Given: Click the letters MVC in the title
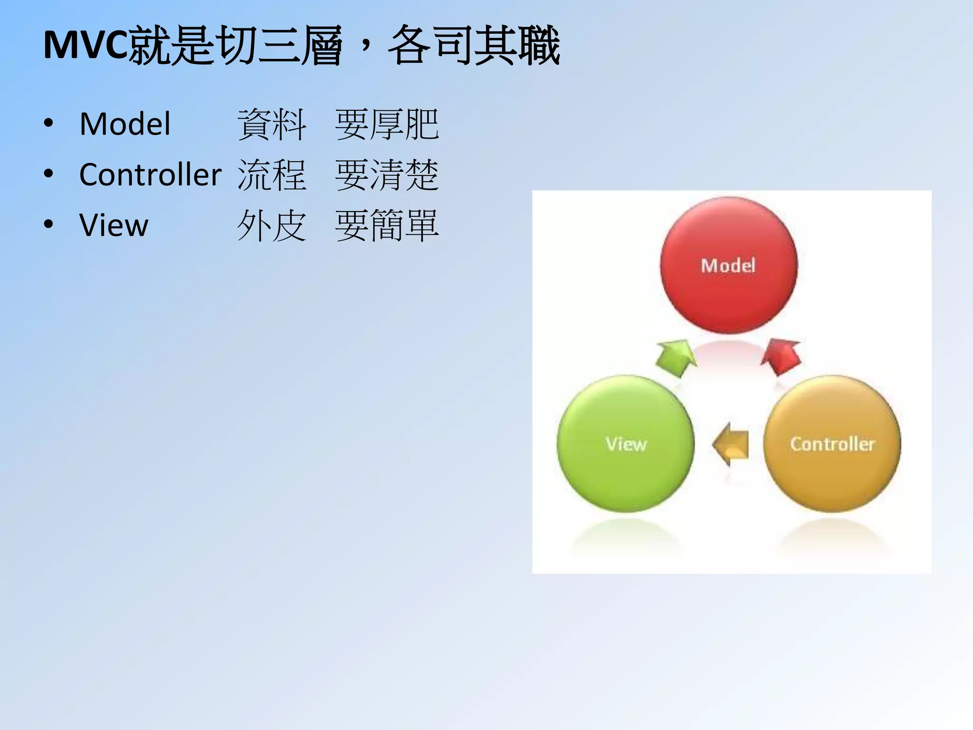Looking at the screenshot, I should tap(86, 46).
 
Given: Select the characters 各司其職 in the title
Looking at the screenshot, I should tap(474, 46).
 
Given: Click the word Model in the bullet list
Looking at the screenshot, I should tap(125, 124).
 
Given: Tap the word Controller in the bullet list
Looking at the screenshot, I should tap(150, 174).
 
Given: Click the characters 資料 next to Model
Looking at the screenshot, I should tap(272, 125).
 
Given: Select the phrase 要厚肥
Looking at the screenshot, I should tap(387, 125).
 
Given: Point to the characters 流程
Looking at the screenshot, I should tap(272, 175).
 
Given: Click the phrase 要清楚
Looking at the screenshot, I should tap(387, 175).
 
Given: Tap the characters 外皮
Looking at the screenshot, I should tap(272, 225).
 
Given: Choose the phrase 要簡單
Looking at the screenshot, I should tap(387, 225).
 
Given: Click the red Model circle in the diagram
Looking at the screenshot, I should tap(729, 265).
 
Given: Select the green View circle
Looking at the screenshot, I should tap(625, 444).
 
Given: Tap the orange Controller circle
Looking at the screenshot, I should tap(832, 444).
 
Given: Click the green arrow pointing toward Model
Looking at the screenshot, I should tap(676, 357).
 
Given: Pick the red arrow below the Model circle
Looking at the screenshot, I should tap(781, 356).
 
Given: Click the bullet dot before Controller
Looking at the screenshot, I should tap(48, 174).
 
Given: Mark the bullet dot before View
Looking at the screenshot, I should tap(48, 224).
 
